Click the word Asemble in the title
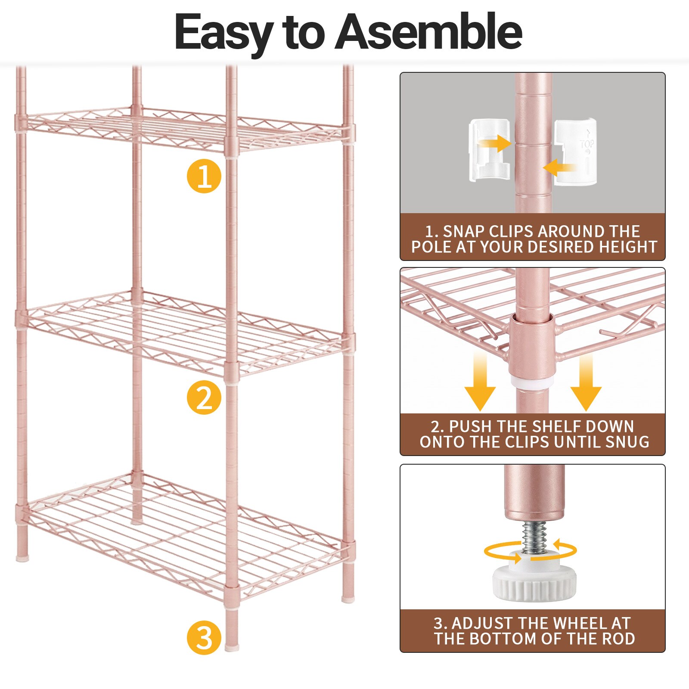[x=428, y=32]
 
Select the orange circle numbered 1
[x=204, y=176]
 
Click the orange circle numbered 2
[x=204, y=397]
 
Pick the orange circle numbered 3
[x=204, y=637]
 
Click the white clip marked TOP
[x=575, y=152]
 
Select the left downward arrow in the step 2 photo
[x=480, y=382]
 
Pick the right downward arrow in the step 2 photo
[x=586, y=382]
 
